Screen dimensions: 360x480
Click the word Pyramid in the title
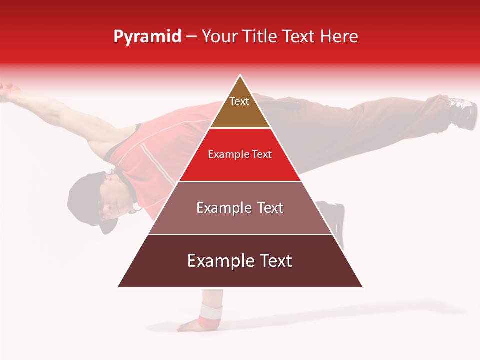pos(147,37)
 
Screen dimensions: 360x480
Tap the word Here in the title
pos(339,36)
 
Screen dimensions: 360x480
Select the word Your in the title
pos(221,36)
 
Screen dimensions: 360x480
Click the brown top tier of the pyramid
pos(240,112)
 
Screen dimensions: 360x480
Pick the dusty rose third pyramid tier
pos(240,220)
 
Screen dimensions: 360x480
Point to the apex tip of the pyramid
pos(240,76)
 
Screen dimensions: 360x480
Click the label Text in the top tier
pos(239,101)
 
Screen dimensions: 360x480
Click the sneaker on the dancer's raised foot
pos(463,112)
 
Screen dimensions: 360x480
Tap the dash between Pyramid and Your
pos(191,37)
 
